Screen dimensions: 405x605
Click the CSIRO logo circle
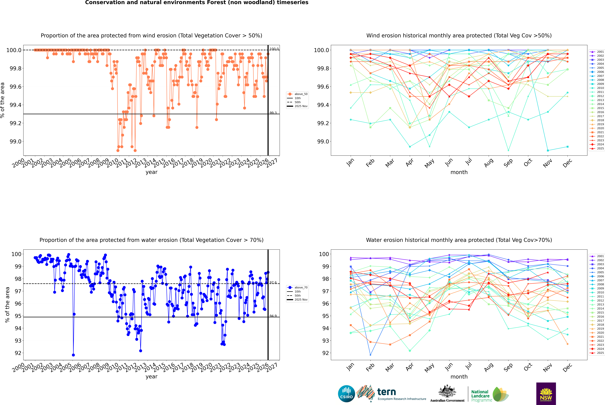tap(346, 394)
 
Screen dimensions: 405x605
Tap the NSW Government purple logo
tap(546, 394)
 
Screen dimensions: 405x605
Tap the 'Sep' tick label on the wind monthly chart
tap(508, 163)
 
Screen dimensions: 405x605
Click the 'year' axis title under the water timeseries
tap(151, 377)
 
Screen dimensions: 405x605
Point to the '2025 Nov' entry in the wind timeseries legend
tap(301, 106)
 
